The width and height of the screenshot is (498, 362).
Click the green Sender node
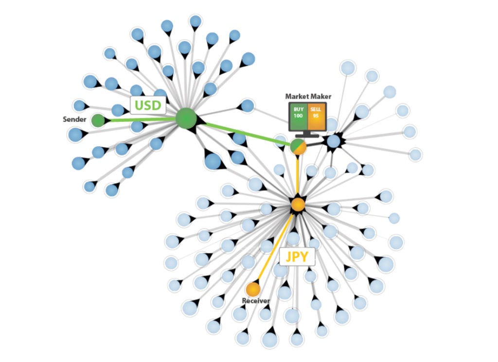pyautogui.click(x=98, y=119)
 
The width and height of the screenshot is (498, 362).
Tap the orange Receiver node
pyautogui.click(x=253, y=289)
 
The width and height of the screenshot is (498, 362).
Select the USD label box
pyautogui.click(x=148, y=104)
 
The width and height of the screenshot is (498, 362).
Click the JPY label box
pyautogui.click(x=297, y=256)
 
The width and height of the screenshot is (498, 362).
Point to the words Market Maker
pyautogui.click(x=308, y=96)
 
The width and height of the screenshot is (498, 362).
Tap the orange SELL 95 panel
pyautogui.click(x=316, y=116)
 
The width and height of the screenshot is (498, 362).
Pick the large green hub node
pyautogui.click(x=186, y=118)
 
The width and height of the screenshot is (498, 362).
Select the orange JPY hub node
pyautogui.click(x=298, y=204)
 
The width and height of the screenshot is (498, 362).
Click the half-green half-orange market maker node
pyautogui.click(x=298, y=147)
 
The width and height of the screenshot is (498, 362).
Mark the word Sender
pyautogui.click(x=75, y=119)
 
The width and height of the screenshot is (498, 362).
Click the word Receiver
pyautogui.click(x=256, y=301)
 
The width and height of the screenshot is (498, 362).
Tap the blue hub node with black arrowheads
pyautogui.click(x=333, y=142)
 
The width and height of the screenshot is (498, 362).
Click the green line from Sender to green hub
pyautogui.click(x=141, y=119)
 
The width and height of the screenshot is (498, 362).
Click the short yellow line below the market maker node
pyautogui.click(x=298, y=175)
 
